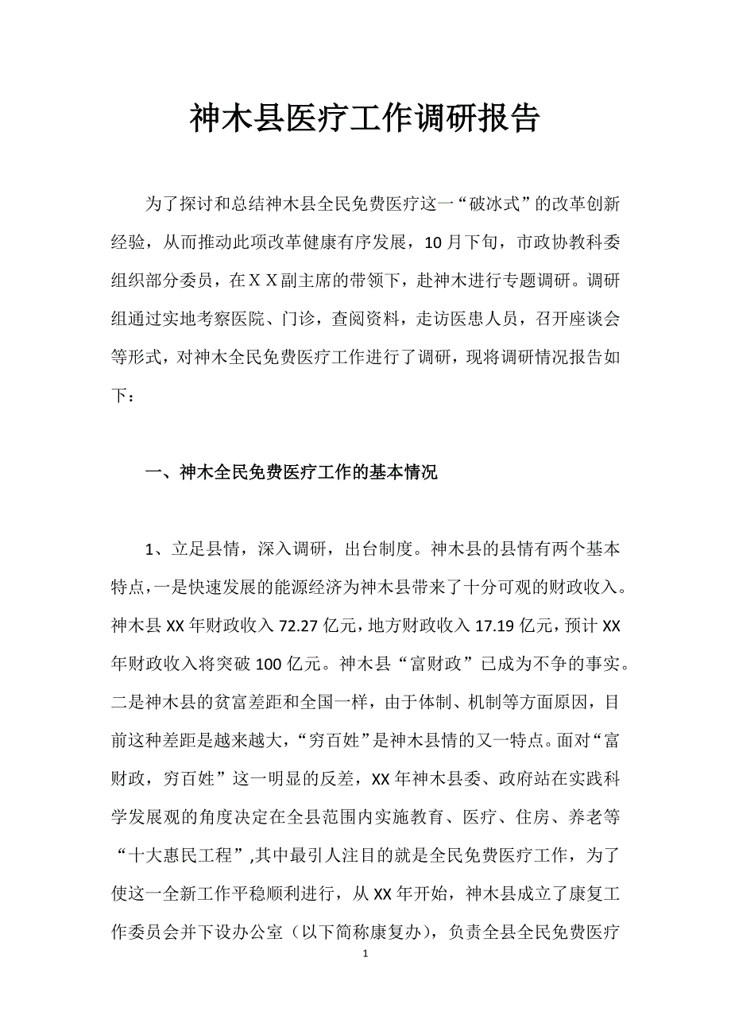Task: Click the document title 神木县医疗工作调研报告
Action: tap(365, 119)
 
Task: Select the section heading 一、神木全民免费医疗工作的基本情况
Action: tap(291, 474)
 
